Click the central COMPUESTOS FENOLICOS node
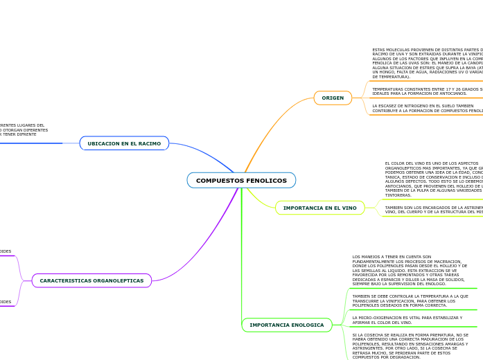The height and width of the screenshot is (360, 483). coord(241,181)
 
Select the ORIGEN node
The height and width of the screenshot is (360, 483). coord(333,98)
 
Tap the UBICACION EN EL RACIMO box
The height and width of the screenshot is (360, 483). coord(124,143)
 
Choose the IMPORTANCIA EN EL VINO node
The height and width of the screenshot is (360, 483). coord(319,208)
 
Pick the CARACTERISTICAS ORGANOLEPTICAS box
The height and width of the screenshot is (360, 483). coord(91,280)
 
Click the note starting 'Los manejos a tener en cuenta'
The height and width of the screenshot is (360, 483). coord(410,271)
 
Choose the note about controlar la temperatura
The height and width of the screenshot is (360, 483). coord(410,300)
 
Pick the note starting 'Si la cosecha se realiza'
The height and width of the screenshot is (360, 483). coord(410,345)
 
